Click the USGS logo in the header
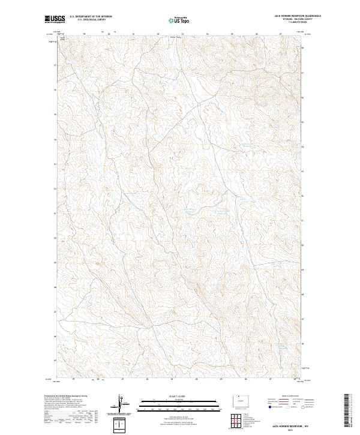point(55,19)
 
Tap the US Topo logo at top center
point(180,20)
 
